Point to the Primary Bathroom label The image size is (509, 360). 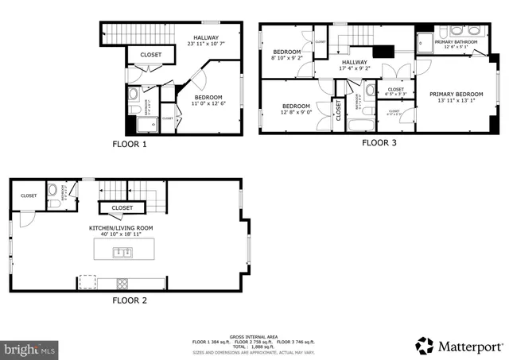456,42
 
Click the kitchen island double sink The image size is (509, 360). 122,252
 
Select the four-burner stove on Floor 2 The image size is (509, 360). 123,282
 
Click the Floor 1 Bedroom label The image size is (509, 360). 208,98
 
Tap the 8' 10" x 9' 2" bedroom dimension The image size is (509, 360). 286,58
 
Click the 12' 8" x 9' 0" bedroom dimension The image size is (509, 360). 295,112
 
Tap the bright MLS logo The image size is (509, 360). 30,348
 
